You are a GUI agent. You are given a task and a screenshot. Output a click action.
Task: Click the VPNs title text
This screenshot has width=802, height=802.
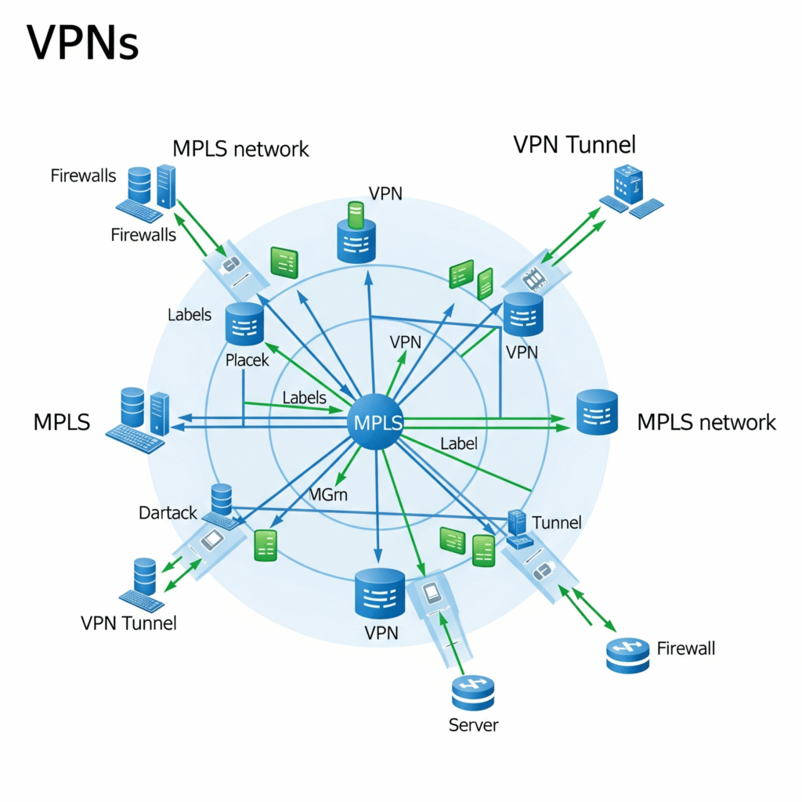[83, 44]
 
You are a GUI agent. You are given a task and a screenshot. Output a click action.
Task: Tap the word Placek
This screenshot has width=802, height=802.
[247, 360]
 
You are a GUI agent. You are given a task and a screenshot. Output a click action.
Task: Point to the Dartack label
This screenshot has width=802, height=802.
[168, 514]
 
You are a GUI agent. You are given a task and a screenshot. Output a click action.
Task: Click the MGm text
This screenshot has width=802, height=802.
[328, 494]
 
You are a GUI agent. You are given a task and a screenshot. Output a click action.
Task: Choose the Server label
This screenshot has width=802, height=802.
[473, 725]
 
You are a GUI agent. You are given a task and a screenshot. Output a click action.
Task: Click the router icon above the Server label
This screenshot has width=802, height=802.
[473, 692]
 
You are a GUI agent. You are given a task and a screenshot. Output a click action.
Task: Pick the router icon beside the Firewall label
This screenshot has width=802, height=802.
[628, 656]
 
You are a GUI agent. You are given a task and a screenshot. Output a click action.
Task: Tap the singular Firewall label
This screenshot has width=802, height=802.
[685, 648]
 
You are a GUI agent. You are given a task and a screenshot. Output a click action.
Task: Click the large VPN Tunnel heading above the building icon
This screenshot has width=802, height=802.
[574, 145]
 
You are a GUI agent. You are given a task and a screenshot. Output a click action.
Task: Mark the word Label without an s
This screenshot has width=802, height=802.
[458, 443]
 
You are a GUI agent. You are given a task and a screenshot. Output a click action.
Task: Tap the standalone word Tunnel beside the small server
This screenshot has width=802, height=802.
[556, 522]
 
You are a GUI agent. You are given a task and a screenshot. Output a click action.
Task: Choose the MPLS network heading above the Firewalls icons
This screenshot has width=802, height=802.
[240, 148]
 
